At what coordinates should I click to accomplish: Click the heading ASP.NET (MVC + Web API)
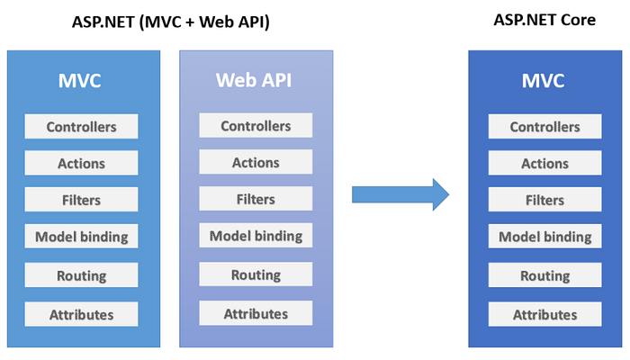tap(171, 22)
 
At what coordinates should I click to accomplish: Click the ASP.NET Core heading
tap(544, 20)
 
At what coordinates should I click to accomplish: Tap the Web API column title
tap(256, 79)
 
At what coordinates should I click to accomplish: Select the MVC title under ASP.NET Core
tap(544, 80)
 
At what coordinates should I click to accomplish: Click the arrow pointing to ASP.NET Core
tap(400, 193)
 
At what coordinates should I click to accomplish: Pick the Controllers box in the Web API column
tap(256, 126)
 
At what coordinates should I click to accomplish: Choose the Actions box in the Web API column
tap(256, 162)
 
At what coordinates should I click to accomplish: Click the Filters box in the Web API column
tap(256, 199)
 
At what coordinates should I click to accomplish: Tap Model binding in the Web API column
tap(256, 237)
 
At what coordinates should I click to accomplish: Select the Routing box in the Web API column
tap(256, 274)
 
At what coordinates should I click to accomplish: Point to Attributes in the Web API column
tap(256, 313)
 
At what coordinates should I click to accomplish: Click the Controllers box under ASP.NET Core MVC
tap(544, 127)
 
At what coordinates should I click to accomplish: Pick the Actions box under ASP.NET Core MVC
tap(544, 163)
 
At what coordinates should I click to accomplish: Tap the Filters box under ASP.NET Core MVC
tap(544, 200)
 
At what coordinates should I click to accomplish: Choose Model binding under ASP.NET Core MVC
tap(544, 238)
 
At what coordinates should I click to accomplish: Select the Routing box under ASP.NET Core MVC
tap(544, 275)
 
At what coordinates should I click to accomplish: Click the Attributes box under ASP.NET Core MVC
tap(544, 314)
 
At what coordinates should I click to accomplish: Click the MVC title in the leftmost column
tap(82, 80)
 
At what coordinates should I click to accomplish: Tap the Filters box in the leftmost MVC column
tap(82, 200)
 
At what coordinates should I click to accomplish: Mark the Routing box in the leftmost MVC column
tap(82, 275)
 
